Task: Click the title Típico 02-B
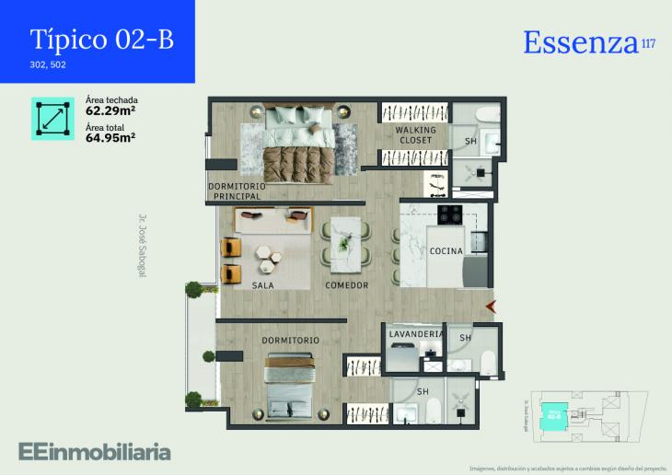[101, 40]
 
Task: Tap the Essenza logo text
[581, 42]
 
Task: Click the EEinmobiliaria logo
[94, 451]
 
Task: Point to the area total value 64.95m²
[110, 137]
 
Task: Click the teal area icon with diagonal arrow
[52, 119]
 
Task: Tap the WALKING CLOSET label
[415, 135]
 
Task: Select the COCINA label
[446, 251]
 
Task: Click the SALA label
[263, 285]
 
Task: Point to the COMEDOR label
[347, 285]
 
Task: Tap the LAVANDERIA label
[416, 334]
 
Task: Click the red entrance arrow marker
[492, 305]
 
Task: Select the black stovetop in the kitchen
[449, 214]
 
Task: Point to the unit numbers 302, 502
[48, 65]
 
